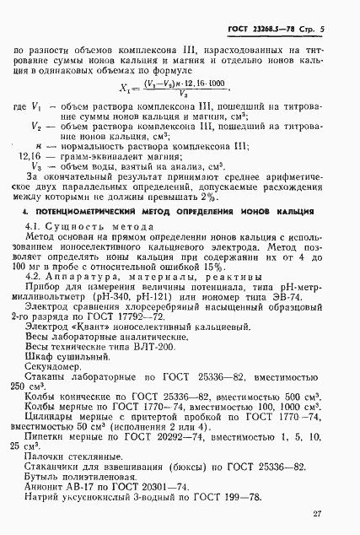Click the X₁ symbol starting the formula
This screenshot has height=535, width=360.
tap(126, 87)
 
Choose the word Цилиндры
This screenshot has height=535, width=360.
tap(54, 414)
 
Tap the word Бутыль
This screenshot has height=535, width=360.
tap(44, 478)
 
